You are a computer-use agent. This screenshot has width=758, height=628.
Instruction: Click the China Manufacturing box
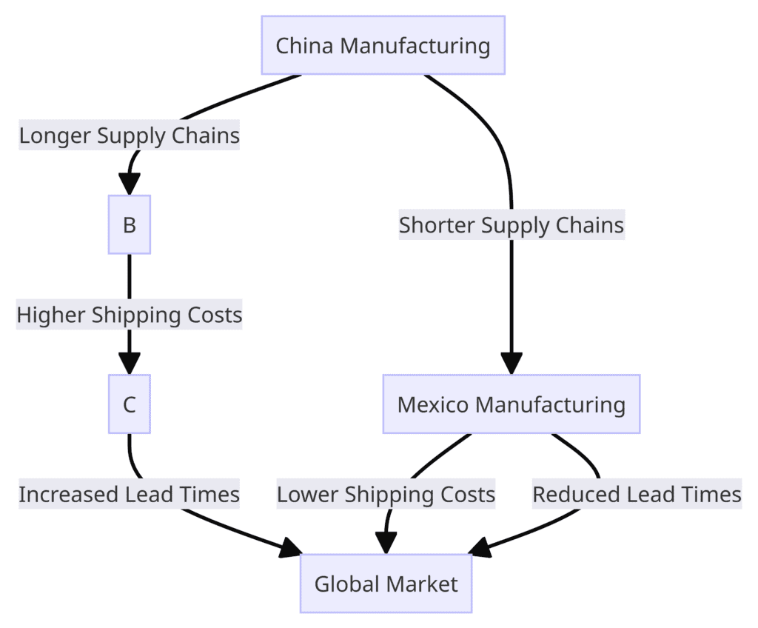[x=383, y=45]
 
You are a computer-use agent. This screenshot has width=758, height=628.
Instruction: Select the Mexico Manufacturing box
[x=511, y=404]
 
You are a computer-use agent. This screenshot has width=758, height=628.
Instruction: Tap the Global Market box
[x=386, y=584]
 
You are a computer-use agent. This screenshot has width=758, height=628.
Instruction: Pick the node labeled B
[x=130, y=224]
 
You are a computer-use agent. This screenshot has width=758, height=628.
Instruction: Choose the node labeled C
[x=130, y=404]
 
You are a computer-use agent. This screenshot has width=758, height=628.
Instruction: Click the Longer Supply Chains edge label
[x=130, y=136]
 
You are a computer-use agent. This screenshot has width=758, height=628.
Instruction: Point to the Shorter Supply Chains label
[x=512, y=224]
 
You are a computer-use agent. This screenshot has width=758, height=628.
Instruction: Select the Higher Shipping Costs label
[x=130, y=315]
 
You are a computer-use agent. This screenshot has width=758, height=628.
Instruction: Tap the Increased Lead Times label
[x=130, y=494]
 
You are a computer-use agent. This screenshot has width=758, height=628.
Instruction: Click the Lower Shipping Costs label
[x=386, y=494]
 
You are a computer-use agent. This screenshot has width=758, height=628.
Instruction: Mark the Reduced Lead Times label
[x=637, y=494]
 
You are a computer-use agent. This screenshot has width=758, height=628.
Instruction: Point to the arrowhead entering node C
[x=130, y=362]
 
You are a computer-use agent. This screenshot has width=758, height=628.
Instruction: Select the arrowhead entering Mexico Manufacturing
[x=512, y=362]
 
